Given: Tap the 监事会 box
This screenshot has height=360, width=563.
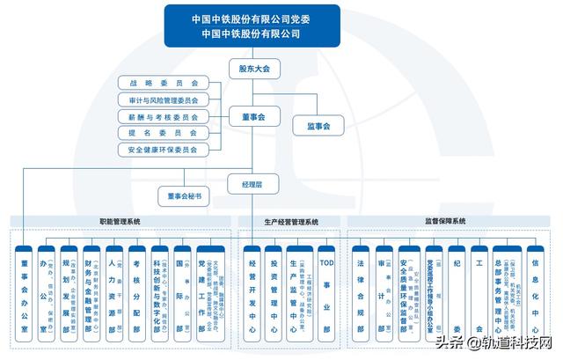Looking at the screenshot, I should coord(318,127).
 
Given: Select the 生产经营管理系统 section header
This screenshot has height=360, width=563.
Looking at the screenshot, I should coord(291,222).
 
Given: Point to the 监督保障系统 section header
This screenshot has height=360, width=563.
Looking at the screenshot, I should coord(445,222).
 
